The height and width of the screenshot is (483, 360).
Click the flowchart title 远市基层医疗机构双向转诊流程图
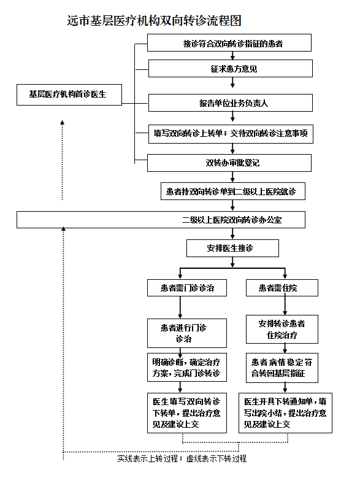pos(154,21)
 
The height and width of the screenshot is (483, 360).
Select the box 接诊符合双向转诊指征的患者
pos(229,42)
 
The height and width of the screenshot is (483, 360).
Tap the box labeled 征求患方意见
pos(231,68)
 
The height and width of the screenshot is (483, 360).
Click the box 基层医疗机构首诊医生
pos(69,95)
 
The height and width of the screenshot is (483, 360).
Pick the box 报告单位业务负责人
pos(231,102)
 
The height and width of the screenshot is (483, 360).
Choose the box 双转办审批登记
pos(229,163)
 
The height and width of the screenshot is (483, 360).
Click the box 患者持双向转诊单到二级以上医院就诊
pos(233,191)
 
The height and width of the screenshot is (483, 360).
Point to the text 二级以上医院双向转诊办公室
pos(232,220)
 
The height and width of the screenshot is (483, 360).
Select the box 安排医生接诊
pos(232,248)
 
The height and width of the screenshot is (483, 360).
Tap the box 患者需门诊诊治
pos(187,288)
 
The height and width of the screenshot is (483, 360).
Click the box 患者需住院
pos(282,288)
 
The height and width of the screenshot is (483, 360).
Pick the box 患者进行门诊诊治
pos(187,333)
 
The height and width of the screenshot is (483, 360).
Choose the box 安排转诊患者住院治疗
pos(282,329)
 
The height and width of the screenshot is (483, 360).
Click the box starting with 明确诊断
pos(187,367)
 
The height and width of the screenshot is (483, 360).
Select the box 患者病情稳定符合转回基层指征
pos(282,368)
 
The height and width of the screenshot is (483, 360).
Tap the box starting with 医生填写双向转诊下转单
pos(187,413)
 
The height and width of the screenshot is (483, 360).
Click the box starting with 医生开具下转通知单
pos(286,413)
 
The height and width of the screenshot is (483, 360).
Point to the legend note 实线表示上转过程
pos(148,458)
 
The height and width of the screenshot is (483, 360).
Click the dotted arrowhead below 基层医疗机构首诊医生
pos(63,122)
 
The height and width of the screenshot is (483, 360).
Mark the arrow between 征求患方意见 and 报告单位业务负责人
pos(232,82)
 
